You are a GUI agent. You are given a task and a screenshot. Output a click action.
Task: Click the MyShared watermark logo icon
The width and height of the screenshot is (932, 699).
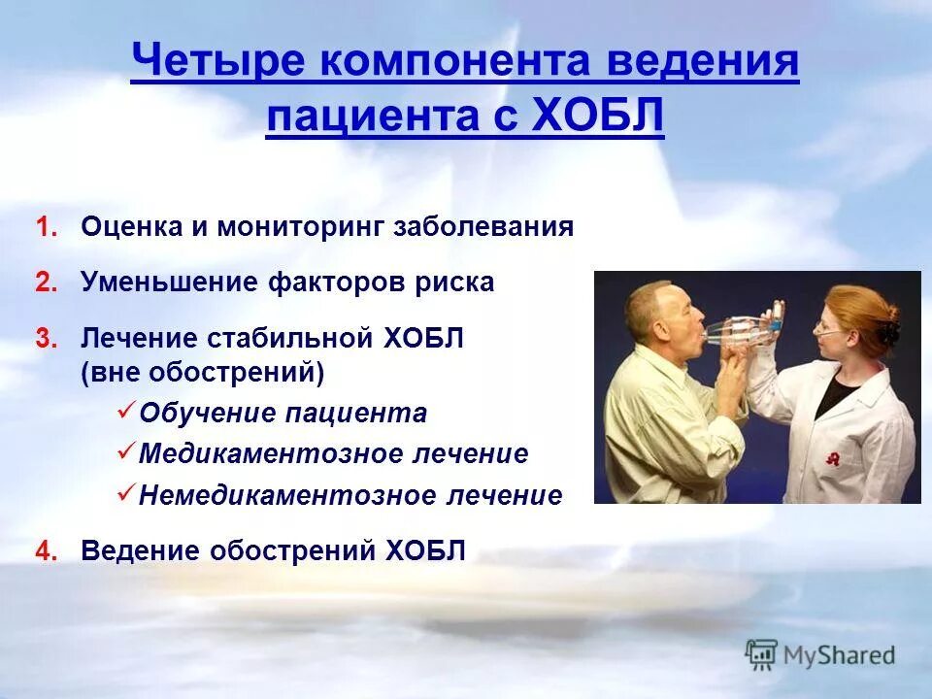click(762, 654)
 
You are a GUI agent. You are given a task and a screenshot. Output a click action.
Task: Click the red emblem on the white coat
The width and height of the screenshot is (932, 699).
click(832, 459)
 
